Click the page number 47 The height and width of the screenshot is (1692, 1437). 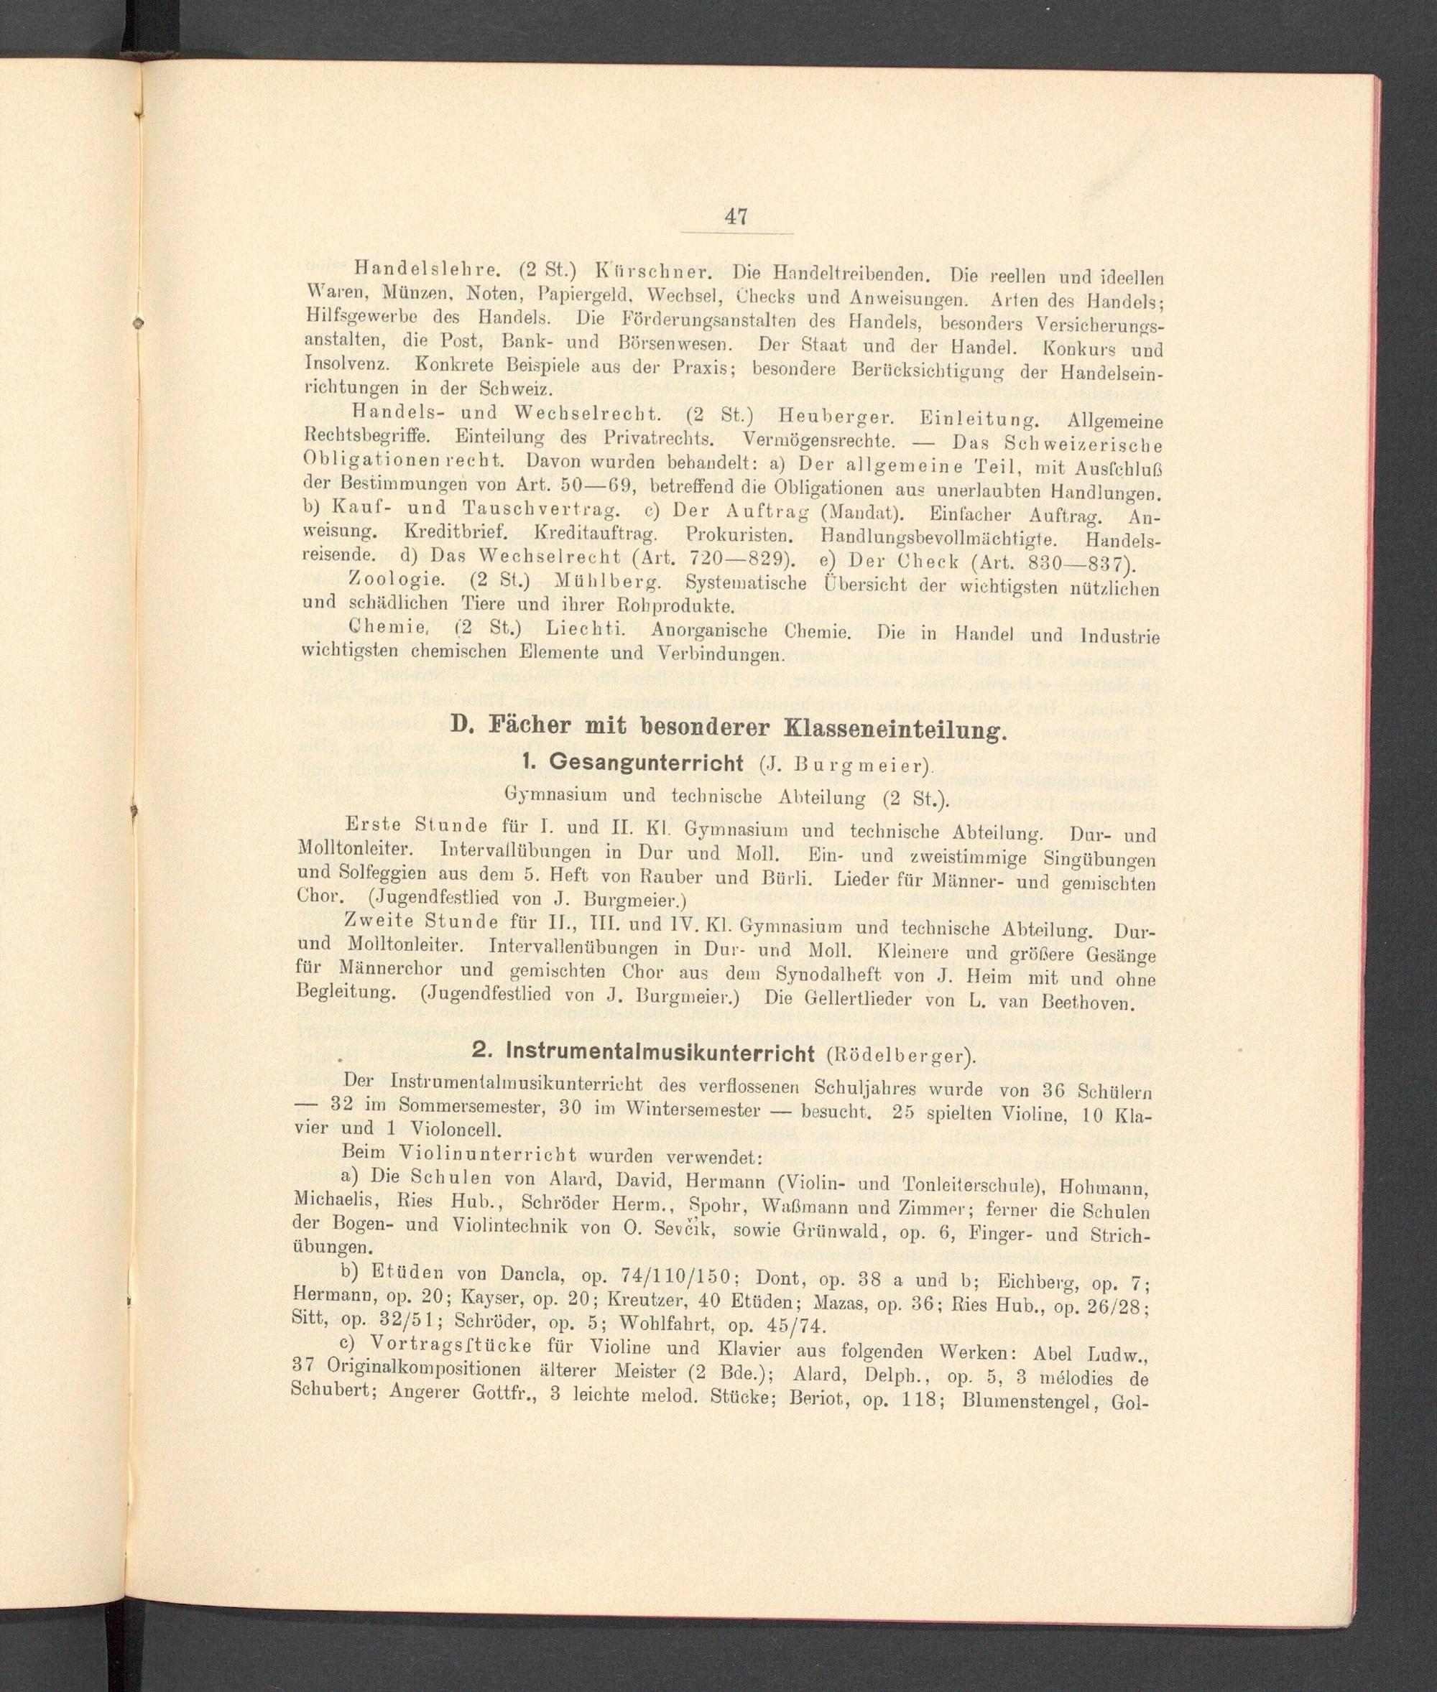pyautogui.click(x=735, y=218)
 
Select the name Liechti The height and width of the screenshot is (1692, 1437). pyautogui.click(x=586, y=631)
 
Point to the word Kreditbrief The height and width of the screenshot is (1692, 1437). pyautogui.click(x=456, y=536)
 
